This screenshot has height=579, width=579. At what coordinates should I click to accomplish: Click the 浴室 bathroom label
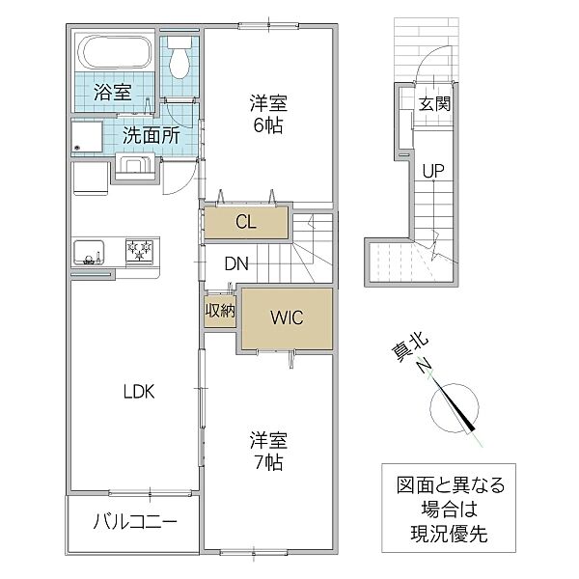click(x=114, y=94)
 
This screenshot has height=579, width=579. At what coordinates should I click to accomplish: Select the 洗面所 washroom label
click(x=150, y=136)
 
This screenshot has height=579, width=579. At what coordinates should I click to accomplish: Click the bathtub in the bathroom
click(x=115, y=52)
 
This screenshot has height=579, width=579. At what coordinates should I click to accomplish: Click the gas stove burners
click(x=140, y=253)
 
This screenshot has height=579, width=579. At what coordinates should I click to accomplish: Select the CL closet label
click(x=246, y=222)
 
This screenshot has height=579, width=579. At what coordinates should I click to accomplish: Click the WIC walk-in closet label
click(x=288, y=317)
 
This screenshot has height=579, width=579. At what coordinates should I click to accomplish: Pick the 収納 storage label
click(x=220, y=311)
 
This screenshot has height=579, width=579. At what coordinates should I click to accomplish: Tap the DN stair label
click(x=236, y=262)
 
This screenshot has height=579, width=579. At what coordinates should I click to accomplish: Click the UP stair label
click(x=432, y=171)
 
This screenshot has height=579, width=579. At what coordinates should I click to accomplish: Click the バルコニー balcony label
click(x=134, y=523)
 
